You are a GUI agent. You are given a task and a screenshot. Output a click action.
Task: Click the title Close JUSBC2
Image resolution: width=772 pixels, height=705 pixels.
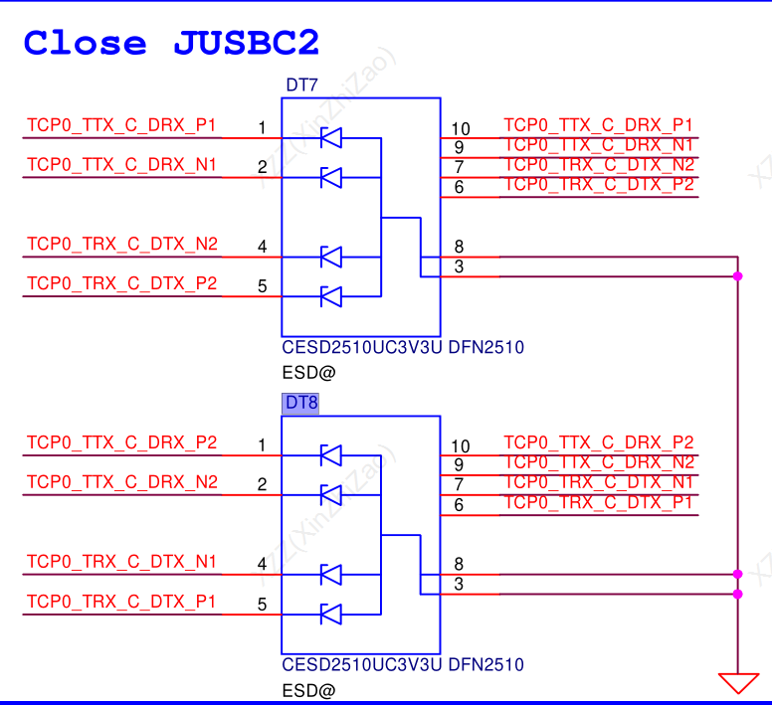[171, 44]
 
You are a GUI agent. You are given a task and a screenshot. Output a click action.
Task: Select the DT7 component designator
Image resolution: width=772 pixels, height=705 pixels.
[301, 86]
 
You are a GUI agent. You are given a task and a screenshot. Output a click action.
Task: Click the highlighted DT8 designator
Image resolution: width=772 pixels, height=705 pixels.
[301, 403]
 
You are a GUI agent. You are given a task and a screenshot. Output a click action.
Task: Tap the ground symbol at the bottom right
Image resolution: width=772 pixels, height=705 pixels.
[737, 682]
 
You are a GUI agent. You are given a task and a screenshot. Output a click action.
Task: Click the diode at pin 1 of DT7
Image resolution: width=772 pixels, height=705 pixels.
[331, 138]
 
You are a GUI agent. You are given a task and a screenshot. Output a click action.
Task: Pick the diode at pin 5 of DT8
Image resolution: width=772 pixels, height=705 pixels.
[331, 614]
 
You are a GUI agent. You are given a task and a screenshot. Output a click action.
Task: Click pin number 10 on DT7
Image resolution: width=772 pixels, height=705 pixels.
[460, 128]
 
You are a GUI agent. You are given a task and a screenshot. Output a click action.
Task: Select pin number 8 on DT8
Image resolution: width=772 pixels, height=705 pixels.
[459, 564]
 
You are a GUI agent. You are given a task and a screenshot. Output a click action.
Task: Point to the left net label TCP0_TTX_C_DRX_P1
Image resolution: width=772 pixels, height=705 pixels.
[121, 125]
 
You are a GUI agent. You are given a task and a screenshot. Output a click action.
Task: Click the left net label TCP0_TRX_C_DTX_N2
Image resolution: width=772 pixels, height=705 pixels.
[121, 244]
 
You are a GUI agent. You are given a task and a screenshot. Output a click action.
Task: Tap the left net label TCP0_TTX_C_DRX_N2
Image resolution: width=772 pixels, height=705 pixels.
[121, 482]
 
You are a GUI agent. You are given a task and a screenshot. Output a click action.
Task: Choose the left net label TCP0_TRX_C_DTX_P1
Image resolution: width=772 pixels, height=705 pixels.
[121, 601]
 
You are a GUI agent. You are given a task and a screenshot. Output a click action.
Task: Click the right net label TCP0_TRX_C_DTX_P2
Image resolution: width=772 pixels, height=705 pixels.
[599, 184]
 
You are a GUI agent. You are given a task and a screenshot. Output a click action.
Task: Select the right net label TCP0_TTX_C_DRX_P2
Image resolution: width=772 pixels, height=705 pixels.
[599, 442]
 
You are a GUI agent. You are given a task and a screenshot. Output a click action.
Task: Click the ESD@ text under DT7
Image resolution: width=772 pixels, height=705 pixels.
[308, 373]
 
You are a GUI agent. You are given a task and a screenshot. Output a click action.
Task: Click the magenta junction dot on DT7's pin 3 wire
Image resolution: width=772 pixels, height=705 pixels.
[737, 275]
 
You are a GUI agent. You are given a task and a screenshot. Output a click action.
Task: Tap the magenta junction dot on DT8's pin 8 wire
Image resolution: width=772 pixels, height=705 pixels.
[737, 574]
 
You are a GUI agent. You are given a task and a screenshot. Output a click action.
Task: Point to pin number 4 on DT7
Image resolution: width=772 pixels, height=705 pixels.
[262, 247]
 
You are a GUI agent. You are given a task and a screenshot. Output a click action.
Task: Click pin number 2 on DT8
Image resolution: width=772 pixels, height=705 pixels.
[262, 484]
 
